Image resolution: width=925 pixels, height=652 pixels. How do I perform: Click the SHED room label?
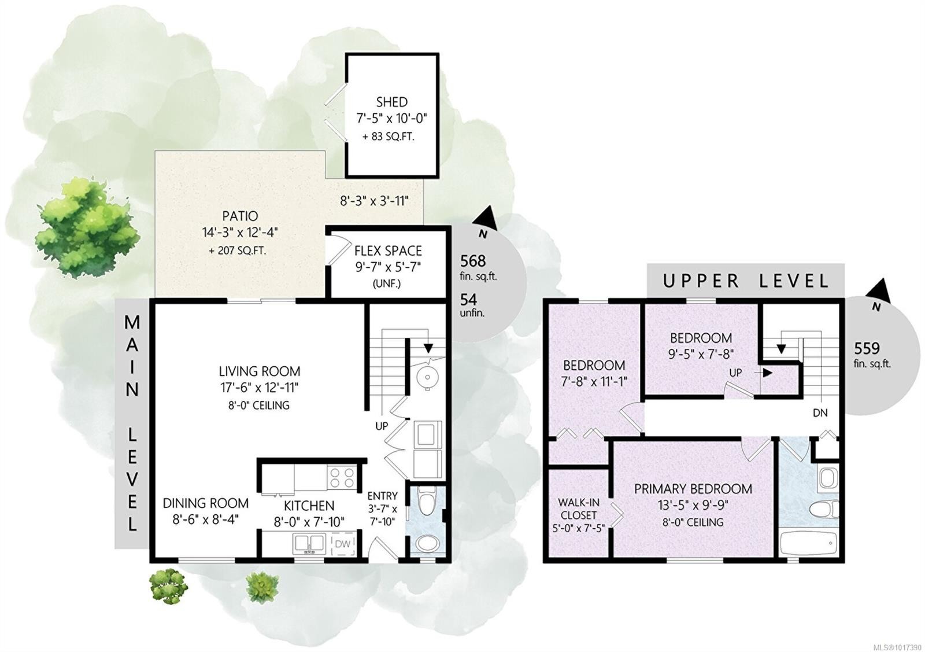coord(391,102)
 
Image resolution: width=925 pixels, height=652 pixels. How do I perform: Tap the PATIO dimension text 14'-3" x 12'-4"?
coord(240,233)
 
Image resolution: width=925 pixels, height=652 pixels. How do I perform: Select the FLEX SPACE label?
coord(388,251)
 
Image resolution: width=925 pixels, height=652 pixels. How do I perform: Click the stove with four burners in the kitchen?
coord(341,477)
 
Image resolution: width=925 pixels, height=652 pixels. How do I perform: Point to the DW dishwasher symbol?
coord(343,544)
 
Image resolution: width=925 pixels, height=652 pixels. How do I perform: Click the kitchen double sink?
coord(309,544)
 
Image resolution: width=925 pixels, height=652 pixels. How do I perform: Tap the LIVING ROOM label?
coord(260,371)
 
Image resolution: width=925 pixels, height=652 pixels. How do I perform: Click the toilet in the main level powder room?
coord(427,502)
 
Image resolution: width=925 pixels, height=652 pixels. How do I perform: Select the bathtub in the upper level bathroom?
coord(808,543)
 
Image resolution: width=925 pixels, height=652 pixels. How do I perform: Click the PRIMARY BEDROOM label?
coord(693,489)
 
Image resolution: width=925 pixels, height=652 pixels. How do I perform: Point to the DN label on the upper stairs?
coord(820,413)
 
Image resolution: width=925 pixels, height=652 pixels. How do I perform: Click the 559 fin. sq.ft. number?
coord(867,348)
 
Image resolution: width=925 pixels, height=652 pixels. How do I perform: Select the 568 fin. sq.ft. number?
coord(473,261)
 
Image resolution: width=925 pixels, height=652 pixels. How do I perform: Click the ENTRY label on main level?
coord(382,496)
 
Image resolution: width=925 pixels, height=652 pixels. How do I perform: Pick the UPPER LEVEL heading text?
coord(746,281)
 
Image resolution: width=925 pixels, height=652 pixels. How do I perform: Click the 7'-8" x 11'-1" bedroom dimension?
coord(594,381)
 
